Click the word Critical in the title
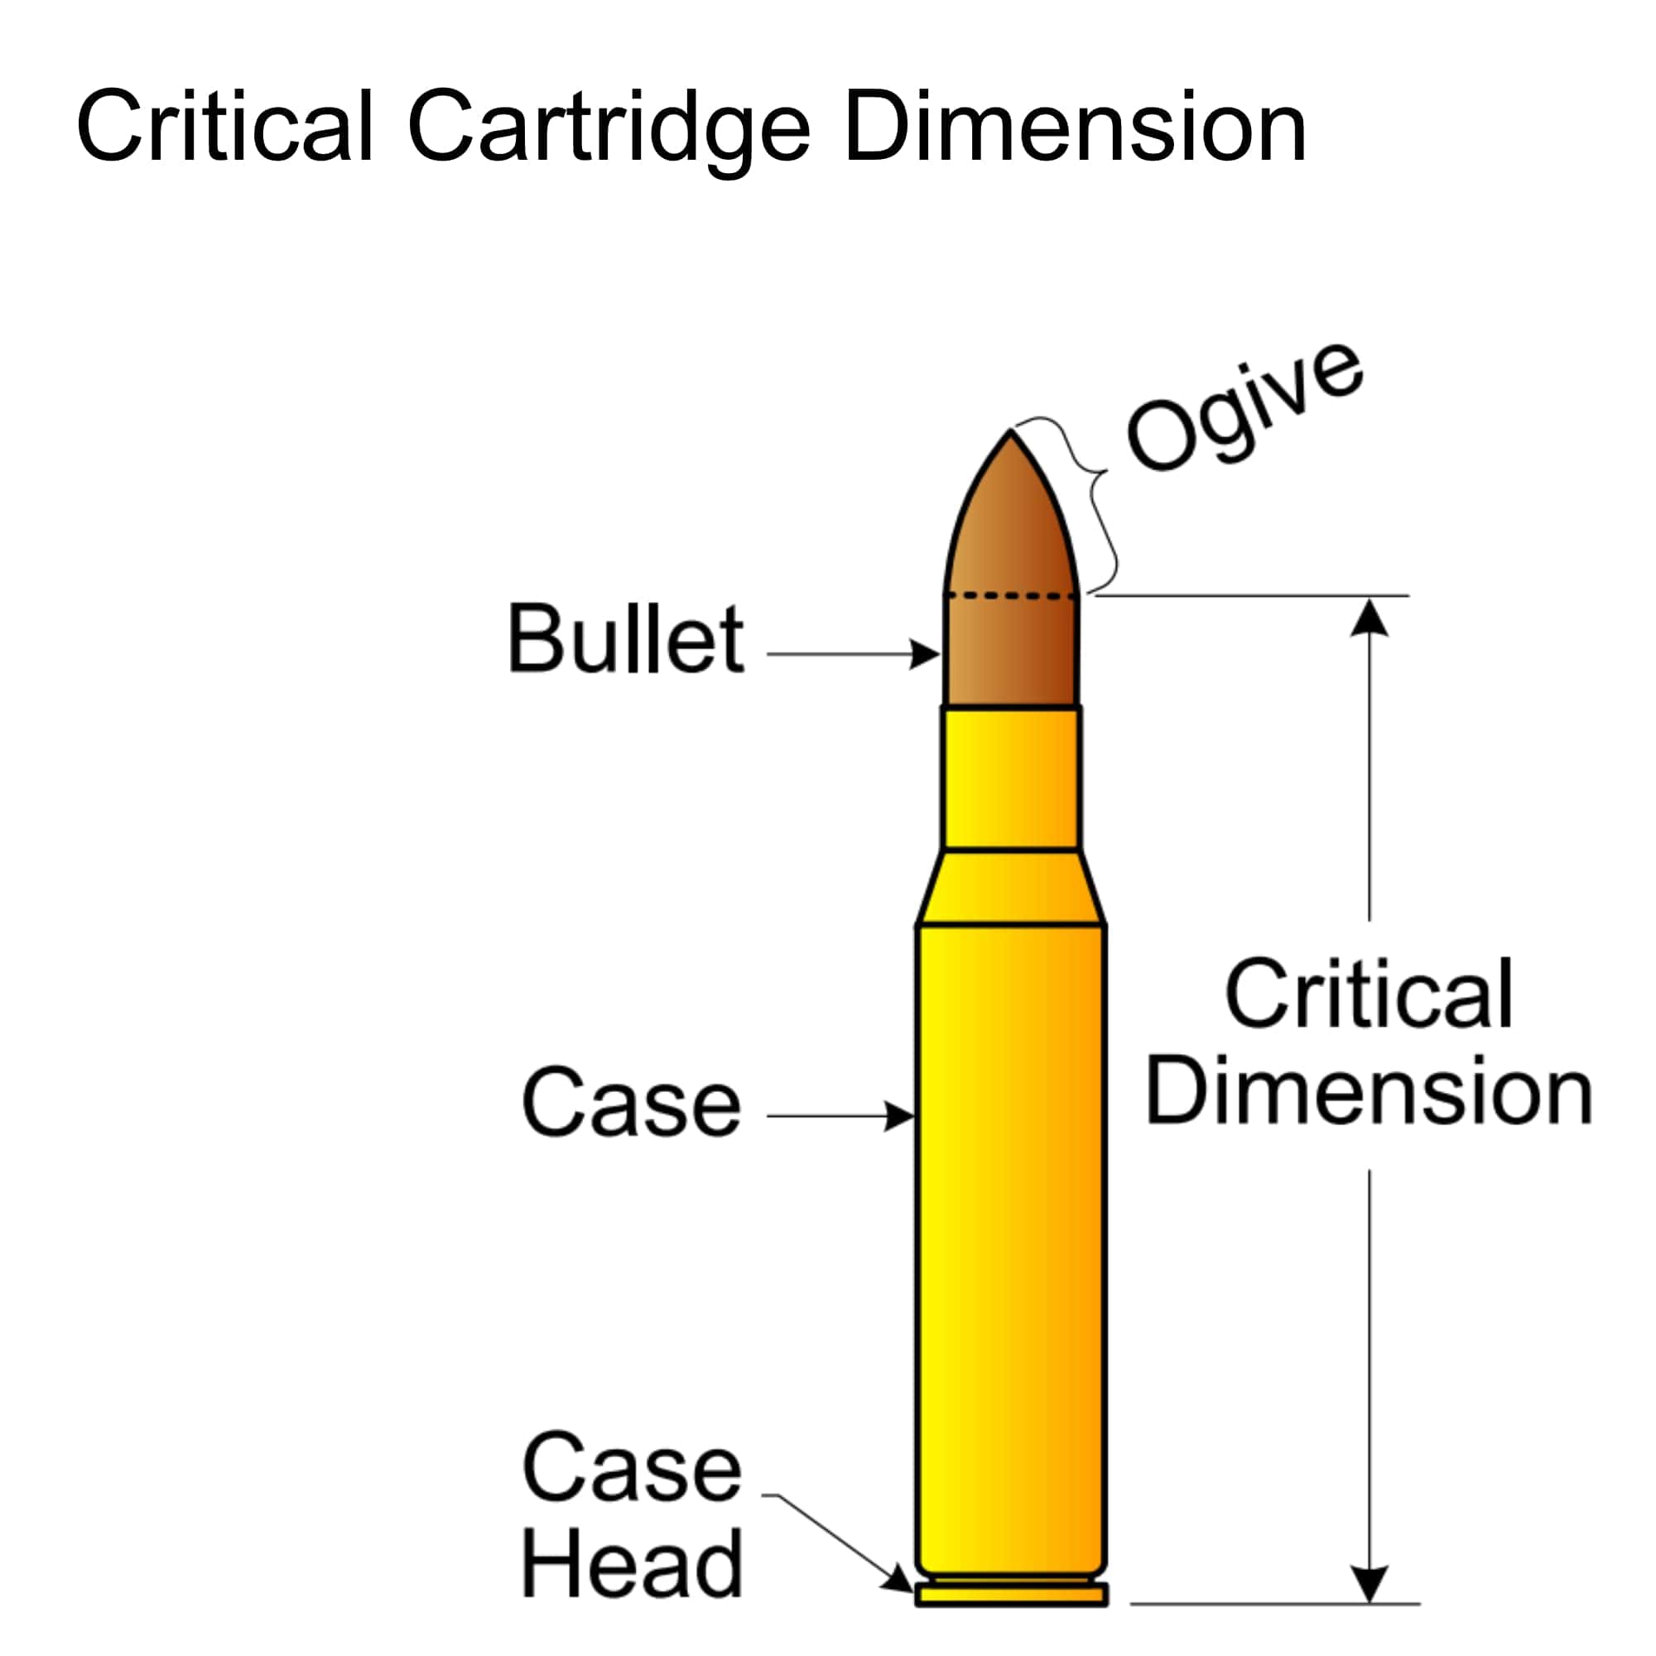pyautogui.click(x=224, y=126)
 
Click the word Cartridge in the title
pyautogui.click(x=609, y=128)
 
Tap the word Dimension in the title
pyautogui.click(x=1076, y=126)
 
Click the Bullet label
pyautogui.click(x=626, y=638)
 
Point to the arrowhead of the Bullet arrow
pyautogui.click(x=926, y=654)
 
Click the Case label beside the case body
pyautogui.click(x=631, y=1103)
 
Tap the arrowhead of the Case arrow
pyautogui.click(x=900, y=1116)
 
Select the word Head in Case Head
pyautogui.click(x=631, y=1563)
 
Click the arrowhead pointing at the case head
pyautogui.click(x=900, y=1580)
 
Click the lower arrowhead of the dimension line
pyautogui.click(x=1369, y=1582)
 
